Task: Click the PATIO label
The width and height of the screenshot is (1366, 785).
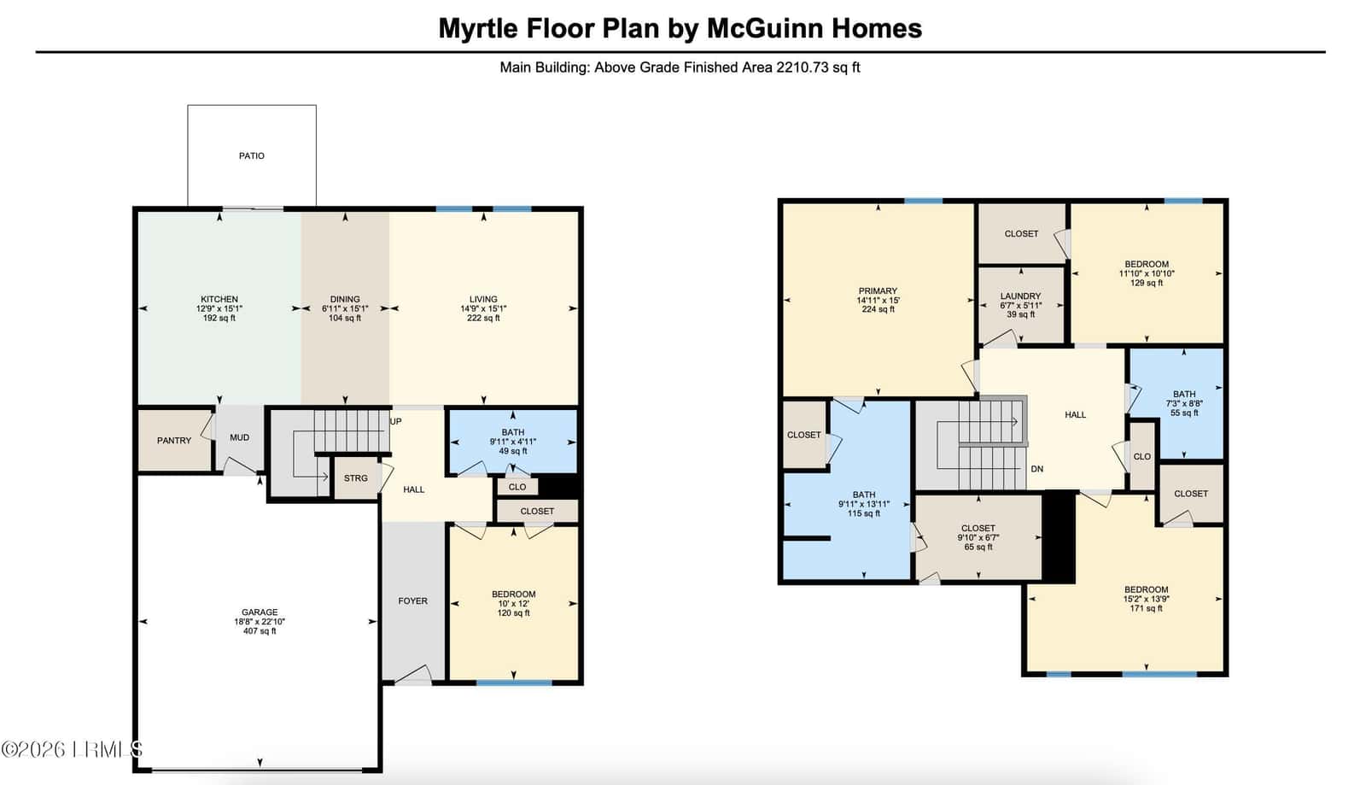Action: pyautogui.click(x=251, y=156)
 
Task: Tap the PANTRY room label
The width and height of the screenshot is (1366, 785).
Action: pyautogui.click(x=174, y=441)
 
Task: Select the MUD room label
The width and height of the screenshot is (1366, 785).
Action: pyautogui.click(x=239, y=437)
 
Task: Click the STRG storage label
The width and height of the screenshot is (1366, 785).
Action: pyautogui.click(x=355, y=478)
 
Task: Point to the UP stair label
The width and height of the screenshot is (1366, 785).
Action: pyautogui.click(x=396, y=421)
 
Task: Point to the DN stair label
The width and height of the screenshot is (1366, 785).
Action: pyautogui.click(x=1036, y=469)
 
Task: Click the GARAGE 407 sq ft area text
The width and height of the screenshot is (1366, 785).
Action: pyautogui.click(x=260, y=631)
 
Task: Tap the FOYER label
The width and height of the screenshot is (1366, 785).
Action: pyautogui.click(x=413, y=600)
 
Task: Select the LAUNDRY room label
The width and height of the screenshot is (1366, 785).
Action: pyautogui.click(x=1020, y=296)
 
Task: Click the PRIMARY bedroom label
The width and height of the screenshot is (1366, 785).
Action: pyautogui.click(x=878, y=291)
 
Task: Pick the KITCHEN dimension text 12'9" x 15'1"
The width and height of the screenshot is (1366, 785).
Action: pyautogui.click(x=219, y=308)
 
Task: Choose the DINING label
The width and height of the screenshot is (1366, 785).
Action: pyautogui.click(x=345, y=300)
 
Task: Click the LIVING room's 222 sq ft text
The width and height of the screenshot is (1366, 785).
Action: pyautogui.click(x=483, y=318)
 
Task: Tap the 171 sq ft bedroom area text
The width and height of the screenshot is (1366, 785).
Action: pyautogui.click(x=1146, y=608)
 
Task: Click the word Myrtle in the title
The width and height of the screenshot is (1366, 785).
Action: pyautogui.click(x=477, y=29)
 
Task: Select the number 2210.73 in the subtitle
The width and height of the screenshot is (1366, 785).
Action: pyautogui.click(x=803, y=67)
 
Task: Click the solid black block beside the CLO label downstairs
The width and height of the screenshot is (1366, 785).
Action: pyautogui.click(x=559, y=486)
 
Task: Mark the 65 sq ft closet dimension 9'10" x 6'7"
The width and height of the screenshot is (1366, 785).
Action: pyautogui.click(x=978, y=537)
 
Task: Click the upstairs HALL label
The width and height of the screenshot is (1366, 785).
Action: pyautogui.click(x=1075, y=415)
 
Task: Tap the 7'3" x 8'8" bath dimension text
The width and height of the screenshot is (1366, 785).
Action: pyautogui.click(x=1183, y=404)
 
